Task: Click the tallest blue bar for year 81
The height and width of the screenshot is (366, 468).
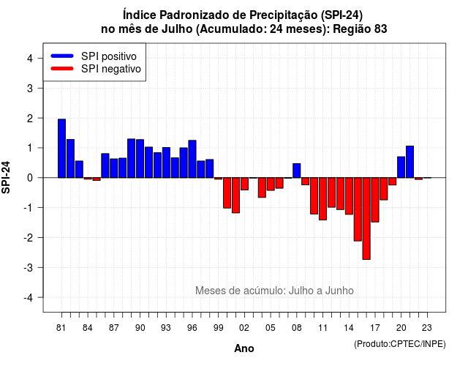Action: pos(61,149)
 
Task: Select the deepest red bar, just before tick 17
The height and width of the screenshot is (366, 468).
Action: pos(366,218)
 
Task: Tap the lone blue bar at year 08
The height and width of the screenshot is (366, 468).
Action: pos(297,171)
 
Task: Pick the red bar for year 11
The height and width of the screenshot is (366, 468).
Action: pos(322,198)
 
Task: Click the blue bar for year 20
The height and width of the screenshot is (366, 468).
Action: pos(401,168)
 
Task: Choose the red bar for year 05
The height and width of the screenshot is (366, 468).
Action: pos(271,184)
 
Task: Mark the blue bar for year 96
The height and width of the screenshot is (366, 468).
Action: pos(192,159)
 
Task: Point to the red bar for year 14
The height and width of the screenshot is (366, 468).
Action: pos(349,196)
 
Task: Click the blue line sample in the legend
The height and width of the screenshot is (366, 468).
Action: pos(62,56)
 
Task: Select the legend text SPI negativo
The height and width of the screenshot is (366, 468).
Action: pos(110,69)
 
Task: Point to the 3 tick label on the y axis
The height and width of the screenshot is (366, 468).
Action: pos(30,88)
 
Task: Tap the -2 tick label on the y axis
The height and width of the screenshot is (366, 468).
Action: pos(29,237)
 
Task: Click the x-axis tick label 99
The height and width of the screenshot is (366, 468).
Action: pos(218,328)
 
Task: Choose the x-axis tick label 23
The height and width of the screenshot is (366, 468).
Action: pos(427,328)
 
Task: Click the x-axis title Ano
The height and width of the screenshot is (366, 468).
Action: pos(244,348)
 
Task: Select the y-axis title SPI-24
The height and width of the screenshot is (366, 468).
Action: pos(6,177)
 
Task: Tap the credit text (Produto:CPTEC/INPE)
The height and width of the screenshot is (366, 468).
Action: pos(400,344)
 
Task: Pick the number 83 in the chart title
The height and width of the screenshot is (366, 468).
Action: pos(380,29)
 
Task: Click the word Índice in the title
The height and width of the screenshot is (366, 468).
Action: pos(140,15)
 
